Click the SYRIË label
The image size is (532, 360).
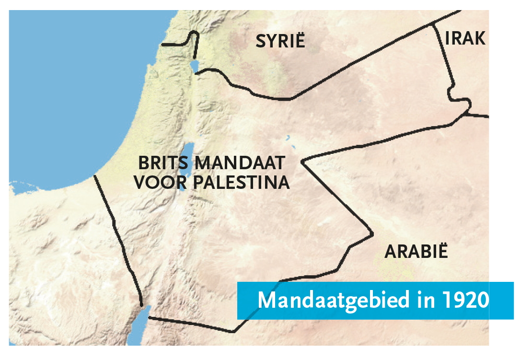280,41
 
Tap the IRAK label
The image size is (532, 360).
465,38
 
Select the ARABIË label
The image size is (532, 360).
416,252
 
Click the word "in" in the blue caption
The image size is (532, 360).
423,300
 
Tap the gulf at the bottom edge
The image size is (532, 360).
139,331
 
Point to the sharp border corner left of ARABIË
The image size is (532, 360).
372,234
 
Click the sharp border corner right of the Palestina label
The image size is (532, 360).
302,162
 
